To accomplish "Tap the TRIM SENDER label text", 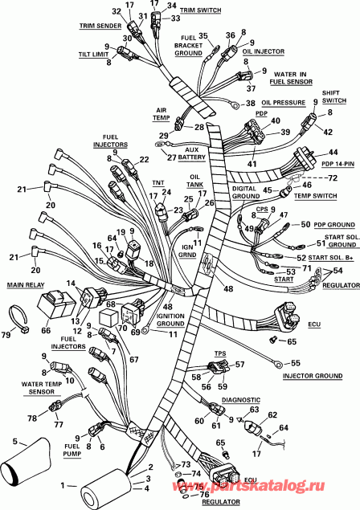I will click(96, 26).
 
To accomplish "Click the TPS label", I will click(218, 353).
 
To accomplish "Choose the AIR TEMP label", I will click(164, 115).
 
